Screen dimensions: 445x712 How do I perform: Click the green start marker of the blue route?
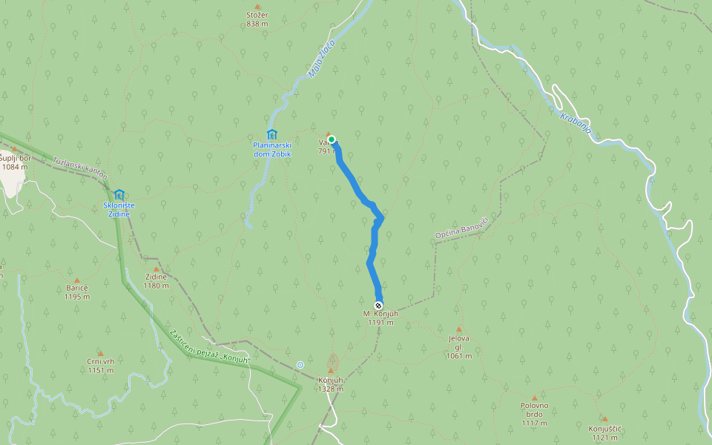332,139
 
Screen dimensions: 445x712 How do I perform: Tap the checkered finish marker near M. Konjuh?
378,306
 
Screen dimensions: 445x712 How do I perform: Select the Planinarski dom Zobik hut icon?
271,135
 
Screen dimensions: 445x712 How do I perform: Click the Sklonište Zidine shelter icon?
119,195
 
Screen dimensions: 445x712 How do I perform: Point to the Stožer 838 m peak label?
257,19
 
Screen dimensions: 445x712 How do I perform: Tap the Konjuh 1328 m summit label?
331,384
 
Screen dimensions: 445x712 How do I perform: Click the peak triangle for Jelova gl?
458,329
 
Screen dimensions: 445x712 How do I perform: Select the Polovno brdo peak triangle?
534,398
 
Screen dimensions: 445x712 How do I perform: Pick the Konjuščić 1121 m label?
604,433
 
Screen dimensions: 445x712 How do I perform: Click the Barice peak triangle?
77,280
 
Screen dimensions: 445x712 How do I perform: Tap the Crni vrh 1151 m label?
100,366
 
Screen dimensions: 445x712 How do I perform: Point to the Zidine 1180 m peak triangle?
156,269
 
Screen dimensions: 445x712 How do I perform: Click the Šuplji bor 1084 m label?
15,162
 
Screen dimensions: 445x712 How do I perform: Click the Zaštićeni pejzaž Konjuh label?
210,346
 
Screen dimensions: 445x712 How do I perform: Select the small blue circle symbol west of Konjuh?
300,364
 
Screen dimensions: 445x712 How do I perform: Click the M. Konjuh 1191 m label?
378,318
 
